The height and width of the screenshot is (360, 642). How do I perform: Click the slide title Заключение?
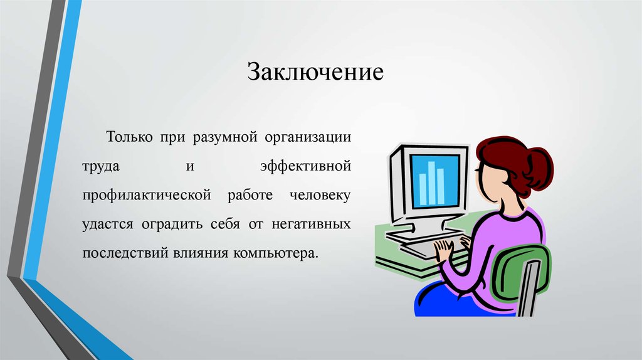pos(315,72)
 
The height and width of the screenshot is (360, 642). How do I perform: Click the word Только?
pos(129,136)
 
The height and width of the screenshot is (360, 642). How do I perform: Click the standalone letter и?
pos(189,166)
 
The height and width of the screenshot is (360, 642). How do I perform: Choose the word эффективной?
pos(306,166)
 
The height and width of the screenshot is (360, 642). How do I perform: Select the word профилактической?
pos(147,195)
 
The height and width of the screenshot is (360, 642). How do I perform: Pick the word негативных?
pos(311,225)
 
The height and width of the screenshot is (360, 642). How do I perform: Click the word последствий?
pos(125,253)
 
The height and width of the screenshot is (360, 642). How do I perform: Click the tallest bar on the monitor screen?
pos(431,183)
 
